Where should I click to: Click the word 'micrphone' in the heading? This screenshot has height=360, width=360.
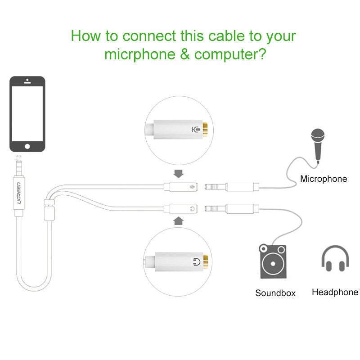[140, 54]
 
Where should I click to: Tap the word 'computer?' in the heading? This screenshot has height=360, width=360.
[230, 54]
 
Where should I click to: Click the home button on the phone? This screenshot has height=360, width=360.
[27, 146]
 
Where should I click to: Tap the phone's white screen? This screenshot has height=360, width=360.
[27, 114]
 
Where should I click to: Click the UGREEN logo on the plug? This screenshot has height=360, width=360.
[19, 193]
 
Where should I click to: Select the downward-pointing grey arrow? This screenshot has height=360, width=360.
[178, 174]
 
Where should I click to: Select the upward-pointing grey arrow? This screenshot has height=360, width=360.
[178, 221]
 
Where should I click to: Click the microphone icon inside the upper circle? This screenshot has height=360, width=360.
[196, 130]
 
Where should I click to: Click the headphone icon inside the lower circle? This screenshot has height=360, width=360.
[197, 262]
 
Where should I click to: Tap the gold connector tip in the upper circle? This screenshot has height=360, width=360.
[205, 130]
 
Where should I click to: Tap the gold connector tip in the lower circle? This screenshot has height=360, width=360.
[206, 262]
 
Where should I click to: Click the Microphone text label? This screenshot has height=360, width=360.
[324, 179]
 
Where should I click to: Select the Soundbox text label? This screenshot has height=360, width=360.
[275, 293]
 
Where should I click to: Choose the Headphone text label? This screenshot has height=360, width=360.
[335, 292]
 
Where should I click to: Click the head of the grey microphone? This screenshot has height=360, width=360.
[318, 136]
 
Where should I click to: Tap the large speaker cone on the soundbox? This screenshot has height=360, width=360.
[273, 264]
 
